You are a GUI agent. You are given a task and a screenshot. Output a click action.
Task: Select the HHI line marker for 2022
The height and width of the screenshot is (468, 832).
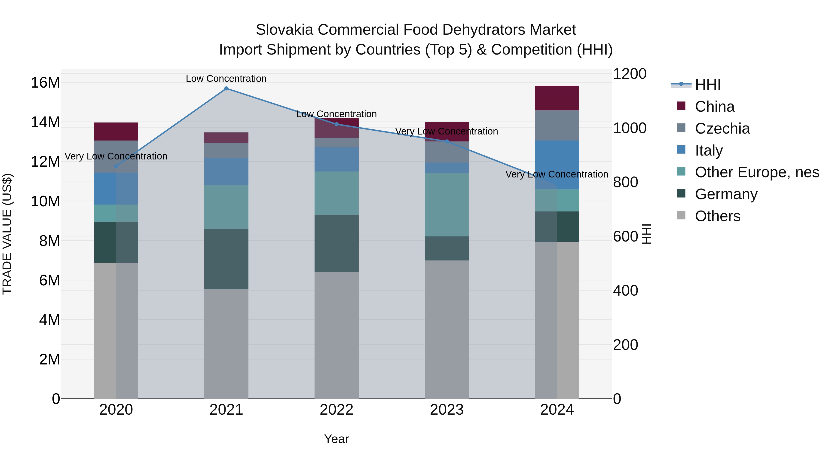336,124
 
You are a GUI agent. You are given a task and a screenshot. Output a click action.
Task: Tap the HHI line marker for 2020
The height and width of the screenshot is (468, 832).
116,166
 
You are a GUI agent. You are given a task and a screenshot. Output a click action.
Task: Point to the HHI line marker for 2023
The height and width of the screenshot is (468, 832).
447,141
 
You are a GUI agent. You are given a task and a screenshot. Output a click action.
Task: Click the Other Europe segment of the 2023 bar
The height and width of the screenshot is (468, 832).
447,205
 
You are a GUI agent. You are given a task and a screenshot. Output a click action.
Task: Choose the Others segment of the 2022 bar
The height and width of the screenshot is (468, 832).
336,335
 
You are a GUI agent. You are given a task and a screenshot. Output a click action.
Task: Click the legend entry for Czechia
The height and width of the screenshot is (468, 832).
722,128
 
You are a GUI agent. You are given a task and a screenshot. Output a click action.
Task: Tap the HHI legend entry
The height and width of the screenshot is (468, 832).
707,85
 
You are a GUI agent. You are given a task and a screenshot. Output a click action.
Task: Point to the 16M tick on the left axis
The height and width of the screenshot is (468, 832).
45,83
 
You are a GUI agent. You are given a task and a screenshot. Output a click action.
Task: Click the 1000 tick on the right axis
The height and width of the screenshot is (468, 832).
630,128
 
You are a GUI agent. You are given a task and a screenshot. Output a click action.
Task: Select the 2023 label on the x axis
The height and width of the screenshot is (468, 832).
447,410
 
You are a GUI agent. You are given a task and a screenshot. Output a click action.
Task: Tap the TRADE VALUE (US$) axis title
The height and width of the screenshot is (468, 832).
7,234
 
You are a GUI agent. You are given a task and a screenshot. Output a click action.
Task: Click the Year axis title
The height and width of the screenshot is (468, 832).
336,439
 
